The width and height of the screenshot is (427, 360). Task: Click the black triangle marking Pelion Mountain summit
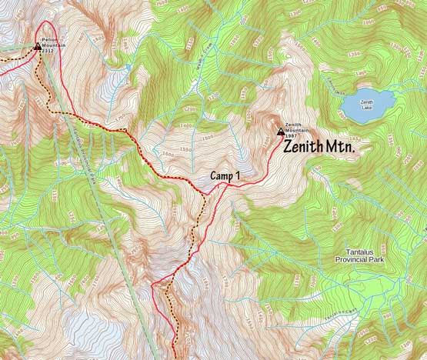click(37, 47)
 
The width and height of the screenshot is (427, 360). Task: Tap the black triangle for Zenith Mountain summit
click(279, 131)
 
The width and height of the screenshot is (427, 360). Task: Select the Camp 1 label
click(225, 176)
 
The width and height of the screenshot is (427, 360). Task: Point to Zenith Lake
click(367, 106)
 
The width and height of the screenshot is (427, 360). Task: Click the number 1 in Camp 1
click(238, 176)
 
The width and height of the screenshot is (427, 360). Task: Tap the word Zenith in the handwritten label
click(303, 147)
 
